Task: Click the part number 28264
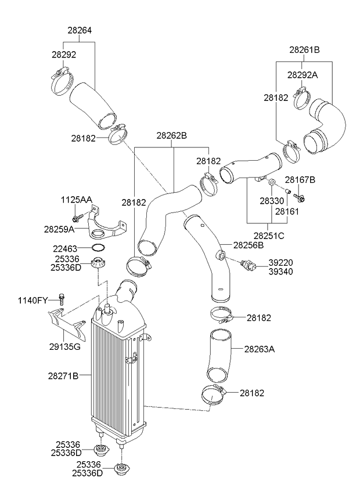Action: [80, 30]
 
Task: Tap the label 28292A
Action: [303, 75]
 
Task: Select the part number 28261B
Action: [304, 49]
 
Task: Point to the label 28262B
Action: [171, 136]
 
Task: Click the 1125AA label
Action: [77, 200]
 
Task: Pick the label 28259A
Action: [59, 229]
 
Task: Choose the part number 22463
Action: [65, 249]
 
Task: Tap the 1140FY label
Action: [33, 301]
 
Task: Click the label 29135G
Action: [64, 347]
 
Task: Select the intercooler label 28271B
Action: [63, 375]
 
